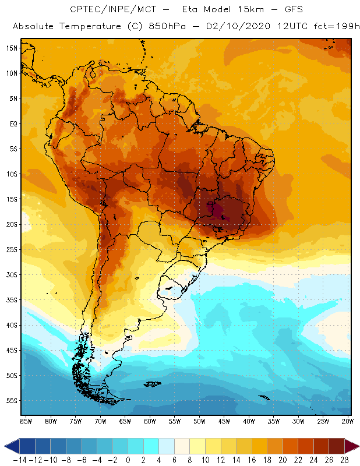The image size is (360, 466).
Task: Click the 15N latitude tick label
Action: (x=11, y=48)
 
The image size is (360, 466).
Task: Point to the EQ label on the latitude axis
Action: (x=13, y=123)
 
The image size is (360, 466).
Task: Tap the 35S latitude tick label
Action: (x=11, y=300)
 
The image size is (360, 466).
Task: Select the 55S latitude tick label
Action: (x=11, y=401)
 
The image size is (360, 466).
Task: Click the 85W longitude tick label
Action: (x=26, y=421)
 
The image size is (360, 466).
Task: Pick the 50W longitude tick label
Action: (x=200, y=421)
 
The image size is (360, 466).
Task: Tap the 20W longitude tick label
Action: (x=348, y=421)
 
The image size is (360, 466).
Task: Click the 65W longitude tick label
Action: (x=125, y=421)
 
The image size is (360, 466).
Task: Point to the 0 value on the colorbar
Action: (x=128, y=459)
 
